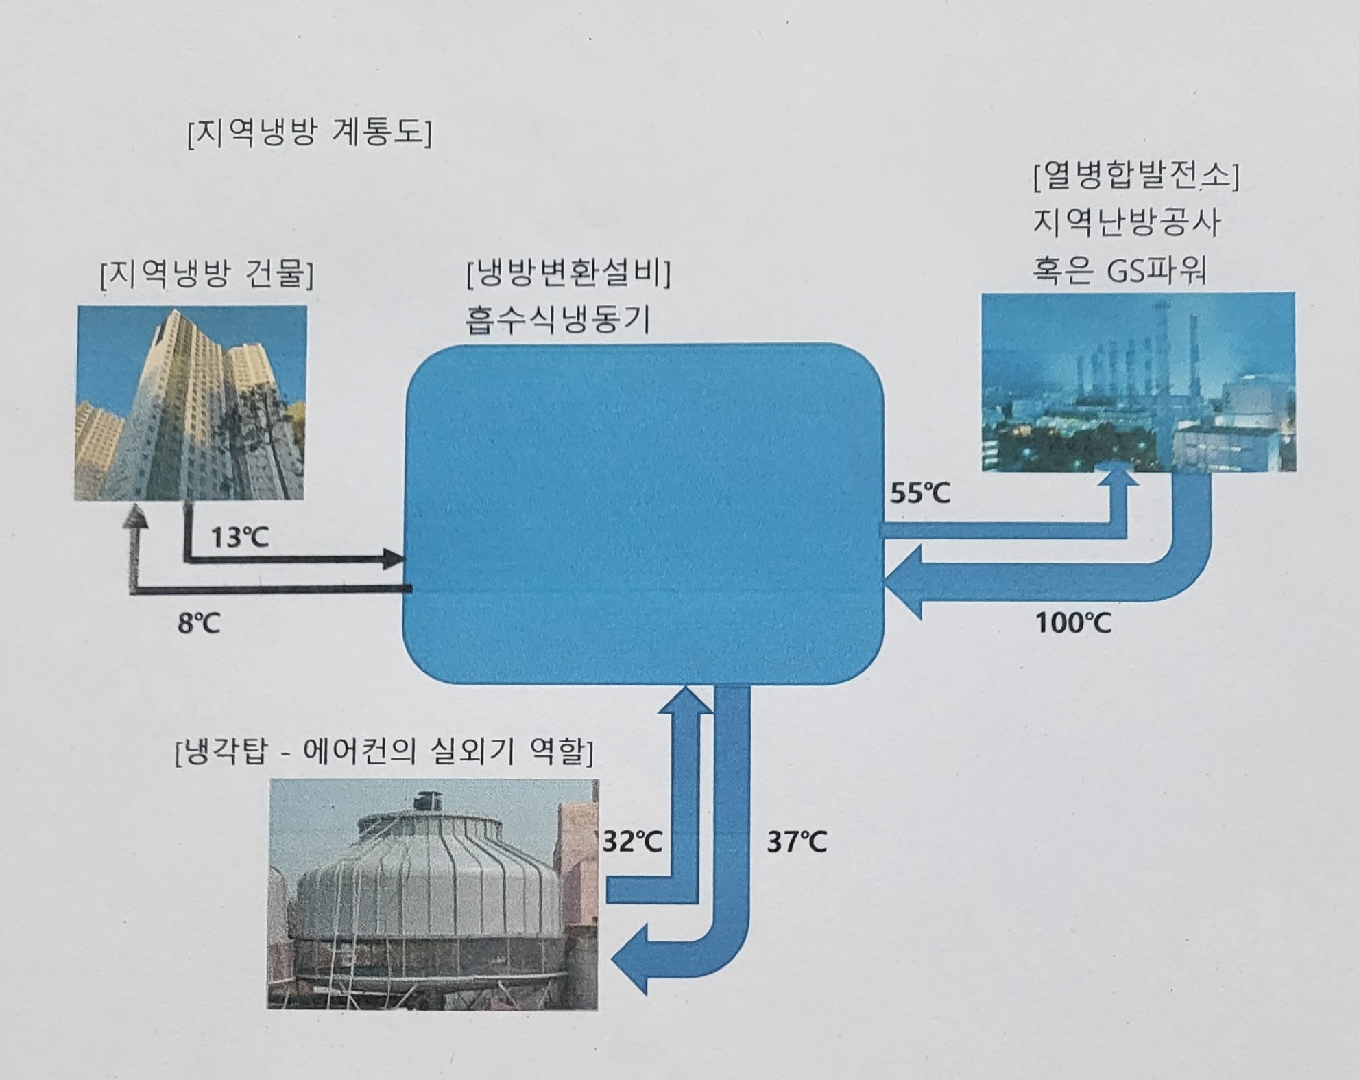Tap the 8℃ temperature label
(x=199, y=624)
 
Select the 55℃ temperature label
(x=919, y=493)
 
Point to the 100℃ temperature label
(x=1072, y=623)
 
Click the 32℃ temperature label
(x=632, y=842)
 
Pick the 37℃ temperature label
(x=796, y=842)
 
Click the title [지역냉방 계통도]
(x=309, y=133)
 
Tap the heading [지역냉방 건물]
(x=206, y=275)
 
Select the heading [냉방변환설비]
(x=568, y=274)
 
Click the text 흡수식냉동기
(x=557, y=320)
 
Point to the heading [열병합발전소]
(x=1135, y=177)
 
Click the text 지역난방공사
(x=1127, y=223)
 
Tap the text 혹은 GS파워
(x=1119, y=270)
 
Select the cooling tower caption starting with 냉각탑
(x=384, y=752)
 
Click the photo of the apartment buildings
(x=191, y=403)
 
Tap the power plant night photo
(x=1138, y=382)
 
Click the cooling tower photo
(x=433, y=894)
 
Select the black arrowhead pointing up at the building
(x=136, y=516)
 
